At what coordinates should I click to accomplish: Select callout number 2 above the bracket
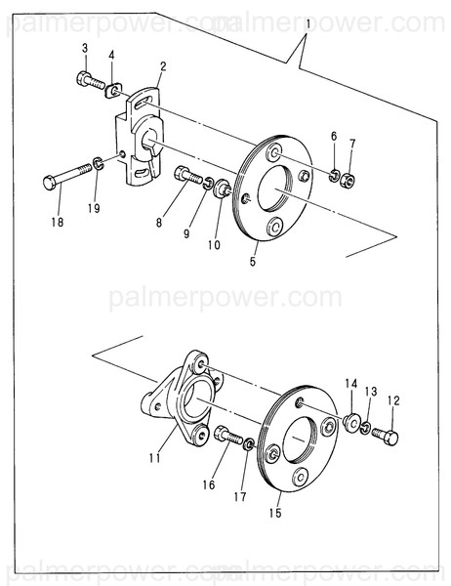[162, 66]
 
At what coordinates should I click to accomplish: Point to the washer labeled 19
[100, 162]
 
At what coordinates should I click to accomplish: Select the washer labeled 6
[334, 176]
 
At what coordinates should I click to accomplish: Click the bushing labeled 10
[222, 187]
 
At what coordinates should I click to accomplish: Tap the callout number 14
[351, 383]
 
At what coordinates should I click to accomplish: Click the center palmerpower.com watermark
[225, 297]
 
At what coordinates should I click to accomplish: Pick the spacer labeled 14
[349, 422]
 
